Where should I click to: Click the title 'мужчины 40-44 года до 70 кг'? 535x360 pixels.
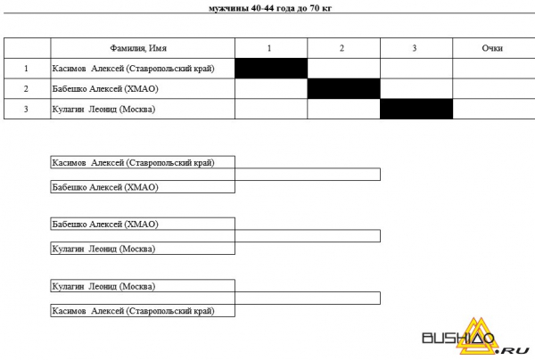tap(269, 8)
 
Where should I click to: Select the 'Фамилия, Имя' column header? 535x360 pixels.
tap(138, 48)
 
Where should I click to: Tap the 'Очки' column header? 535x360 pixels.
tap(492, 48)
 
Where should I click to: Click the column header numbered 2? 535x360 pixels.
tap(342, 48)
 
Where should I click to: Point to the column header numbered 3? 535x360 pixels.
tap(415, 48)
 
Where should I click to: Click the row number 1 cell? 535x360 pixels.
tap(26, 69)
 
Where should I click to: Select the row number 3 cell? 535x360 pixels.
tap(26, 109)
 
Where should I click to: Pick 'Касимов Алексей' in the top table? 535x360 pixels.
tap(88, 69)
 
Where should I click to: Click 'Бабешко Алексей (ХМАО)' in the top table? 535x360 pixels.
tap(105, 89)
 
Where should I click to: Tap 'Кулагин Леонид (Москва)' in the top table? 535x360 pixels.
tap(103, 109)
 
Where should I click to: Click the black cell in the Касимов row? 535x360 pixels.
tap(271, 69)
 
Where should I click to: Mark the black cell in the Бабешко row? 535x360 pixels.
tap(344, 88)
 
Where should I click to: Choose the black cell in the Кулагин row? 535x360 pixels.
tap(416, 109)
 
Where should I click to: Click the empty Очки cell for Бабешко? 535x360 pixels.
tap(494, 88)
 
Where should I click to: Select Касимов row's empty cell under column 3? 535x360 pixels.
tap(416, 69)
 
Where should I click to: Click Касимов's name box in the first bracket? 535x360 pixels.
tap(143, 162)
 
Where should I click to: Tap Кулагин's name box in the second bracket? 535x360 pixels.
tap(143, 249)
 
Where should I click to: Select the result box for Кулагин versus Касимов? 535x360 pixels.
tap(308, 298)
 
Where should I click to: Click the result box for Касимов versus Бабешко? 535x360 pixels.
tap(308, 174)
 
